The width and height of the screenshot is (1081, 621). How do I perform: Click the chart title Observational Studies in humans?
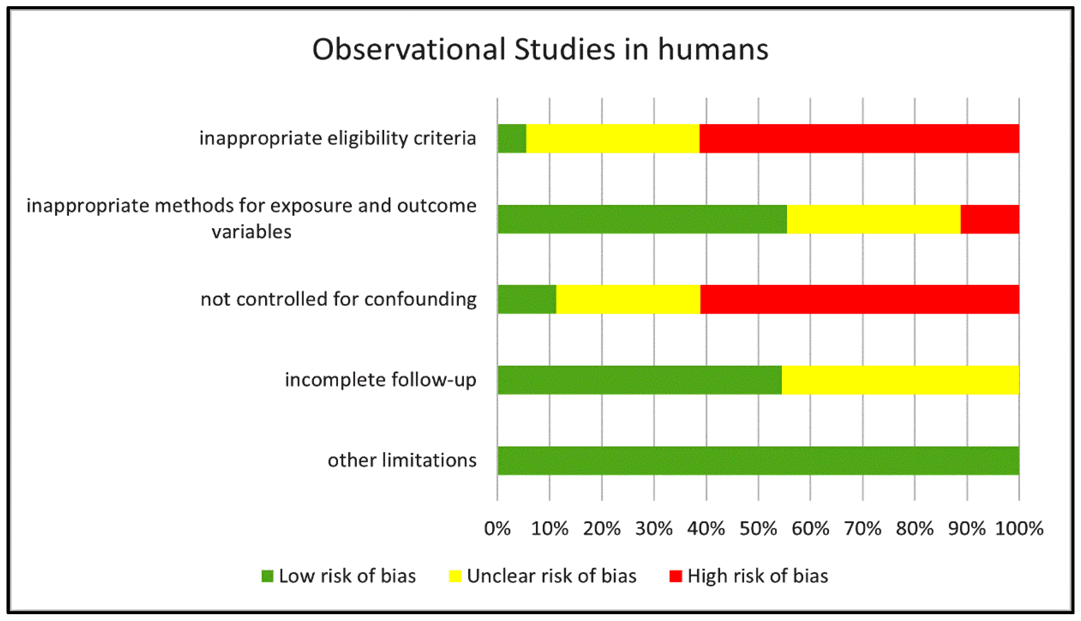coord(540,50)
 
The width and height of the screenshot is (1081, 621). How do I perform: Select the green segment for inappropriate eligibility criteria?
coord(512,139)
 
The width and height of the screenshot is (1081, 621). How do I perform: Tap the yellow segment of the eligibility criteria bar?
coord(613,139)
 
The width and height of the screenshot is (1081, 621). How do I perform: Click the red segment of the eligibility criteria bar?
coord(859,139)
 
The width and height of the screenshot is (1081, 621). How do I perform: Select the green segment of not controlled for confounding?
coord(527,299)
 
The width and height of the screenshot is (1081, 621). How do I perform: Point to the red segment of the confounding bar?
coord(859,299)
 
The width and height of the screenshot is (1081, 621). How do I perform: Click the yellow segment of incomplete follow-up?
coord(901,380)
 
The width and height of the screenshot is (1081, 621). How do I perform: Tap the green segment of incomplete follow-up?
coord(640,380)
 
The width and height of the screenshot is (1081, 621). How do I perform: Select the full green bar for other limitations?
coord(758,461)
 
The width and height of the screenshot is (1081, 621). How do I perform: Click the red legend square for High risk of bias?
coord(676,576)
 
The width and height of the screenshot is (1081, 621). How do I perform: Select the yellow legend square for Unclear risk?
coord(455,576)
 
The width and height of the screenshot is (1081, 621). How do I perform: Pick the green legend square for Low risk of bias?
coord(267,576)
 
